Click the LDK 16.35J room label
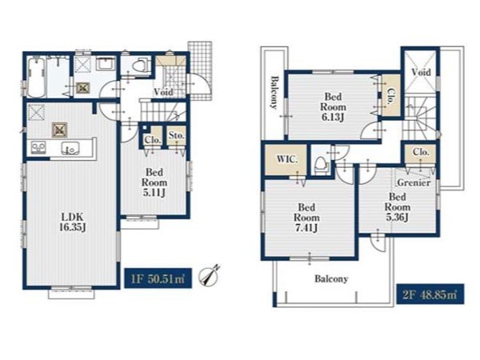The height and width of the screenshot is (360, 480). [73, 222]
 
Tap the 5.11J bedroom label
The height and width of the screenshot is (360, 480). [154, 182]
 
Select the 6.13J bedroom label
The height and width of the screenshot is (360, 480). [333, 107]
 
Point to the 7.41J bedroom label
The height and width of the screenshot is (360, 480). [306, 218]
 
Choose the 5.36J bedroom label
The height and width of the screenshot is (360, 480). [397, 206]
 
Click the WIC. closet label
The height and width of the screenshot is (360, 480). [287, 159]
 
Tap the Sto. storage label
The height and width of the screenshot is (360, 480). [177, 135]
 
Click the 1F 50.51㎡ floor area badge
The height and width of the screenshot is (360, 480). [158, 278]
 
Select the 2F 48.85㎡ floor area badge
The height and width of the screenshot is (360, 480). [430, 294]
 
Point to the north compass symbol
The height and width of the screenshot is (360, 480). [210, 274]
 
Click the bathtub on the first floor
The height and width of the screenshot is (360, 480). [37, 77]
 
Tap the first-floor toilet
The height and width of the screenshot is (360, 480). [141, 66]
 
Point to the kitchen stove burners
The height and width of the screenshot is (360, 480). [38, 148]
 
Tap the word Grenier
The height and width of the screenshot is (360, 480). [414, 182]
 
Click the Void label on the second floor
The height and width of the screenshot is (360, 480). [422, 73]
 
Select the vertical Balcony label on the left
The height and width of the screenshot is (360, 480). [274, 92]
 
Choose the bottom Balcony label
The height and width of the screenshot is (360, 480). [331, 279]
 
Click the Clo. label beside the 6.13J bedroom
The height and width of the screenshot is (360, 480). [390, 98]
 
